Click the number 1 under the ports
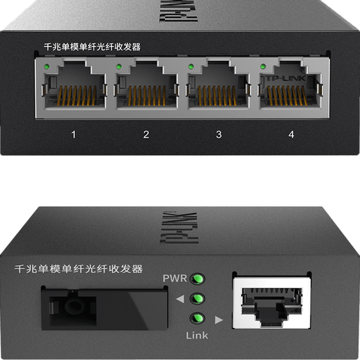[74, 134]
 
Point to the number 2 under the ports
[146, 134]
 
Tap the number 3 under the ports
[219, 134]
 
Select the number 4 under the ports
[291, 134]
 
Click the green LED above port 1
[45, 67]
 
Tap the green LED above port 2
[118, 67]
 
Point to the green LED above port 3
[190, 67]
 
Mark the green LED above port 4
[263, 67]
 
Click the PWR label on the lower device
[175, 278]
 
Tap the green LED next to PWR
[198, 279]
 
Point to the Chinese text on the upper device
[96, 48]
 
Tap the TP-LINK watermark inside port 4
[286, 80]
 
